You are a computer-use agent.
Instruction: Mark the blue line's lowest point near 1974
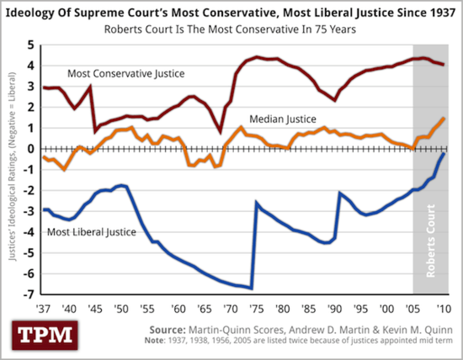pos(252,288)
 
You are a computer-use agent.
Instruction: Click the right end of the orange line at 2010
pos(444,119)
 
